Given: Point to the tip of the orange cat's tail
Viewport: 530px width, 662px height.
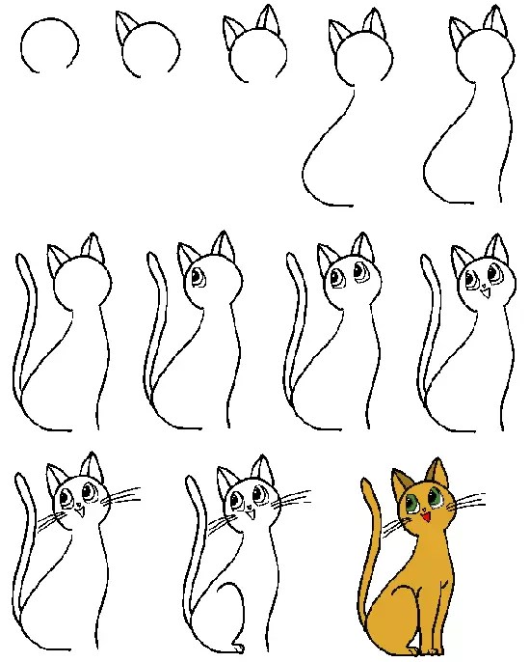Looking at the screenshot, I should pos(369,480).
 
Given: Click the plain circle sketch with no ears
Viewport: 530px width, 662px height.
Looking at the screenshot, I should pos(50,46).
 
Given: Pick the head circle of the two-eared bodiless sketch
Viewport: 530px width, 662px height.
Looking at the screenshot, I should pos(256,48).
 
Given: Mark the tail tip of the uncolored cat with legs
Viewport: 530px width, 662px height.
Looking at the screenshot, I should pos(197,480).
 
